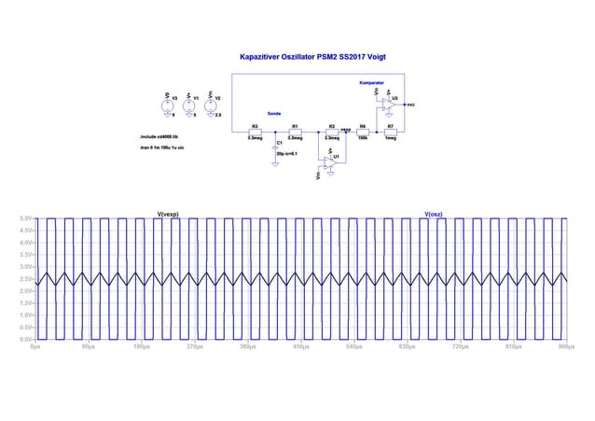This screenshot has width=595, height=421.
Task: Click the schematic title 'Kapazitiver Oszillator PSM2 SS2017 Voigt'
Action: (312, 58)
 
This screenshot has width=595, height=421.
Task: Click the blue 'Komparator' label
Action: (372, 83)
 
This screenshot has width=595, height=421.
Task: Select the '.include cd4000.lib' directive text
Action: (159, 136)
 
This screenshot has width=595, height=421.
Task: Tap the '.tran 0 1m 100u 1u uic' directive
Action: (161, 147)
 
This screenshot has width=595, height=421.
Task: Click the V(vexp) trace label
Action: (169, 214)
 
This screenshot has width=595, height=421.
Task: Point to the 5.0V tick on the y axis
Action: (27, 218)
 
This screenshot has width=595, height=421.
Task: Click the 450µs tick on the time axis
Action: (301, 347)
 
